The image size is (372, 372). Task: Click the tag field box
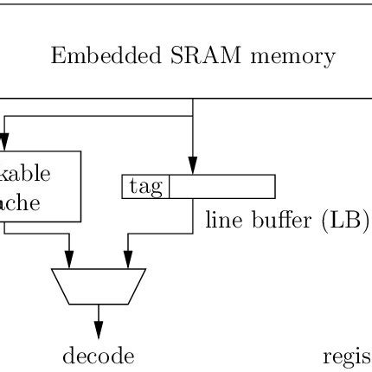tap(145, 187)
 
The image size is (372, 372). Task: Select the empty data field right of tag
tap(221, 187)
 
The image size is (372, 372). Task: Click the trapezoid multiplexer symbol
tap(99, 286)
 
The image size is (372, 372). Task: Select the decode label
tap(99, 356)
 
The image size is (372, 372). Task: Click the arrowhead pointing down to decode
tap(99, 330)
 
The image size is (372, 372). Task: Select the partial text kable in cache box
tap(25, 172)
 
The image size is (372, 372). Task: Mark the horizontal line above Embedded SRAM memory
tap(186, 3)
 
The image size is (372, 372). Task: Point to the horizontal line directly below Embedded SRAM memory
tap(186, 98)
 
